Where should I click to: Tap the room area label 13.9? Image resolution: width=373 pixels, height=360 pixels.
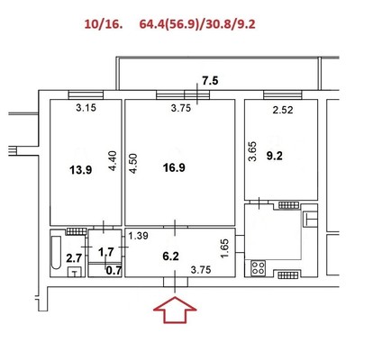click(81, 170)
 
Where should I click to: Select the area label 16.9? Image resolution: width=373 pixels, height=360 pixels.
click(174, 167)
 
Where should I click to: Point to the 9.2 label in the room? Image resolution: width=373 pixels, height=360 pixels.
click(275, 156)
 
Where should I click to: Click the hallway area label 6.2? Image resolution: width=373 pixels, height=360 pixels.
click(170, 256)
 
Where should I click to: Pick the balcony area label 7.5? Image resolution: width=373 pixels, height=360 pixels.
click(210, 81)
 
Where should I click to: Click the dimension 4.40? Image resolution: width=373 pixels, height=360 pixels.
click(113, 161)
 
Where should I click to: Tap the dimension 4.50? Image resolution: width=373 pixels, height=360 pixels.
click(133, 164)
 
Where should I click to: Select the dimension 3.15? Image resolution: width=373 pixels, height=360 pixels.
click(86, 107)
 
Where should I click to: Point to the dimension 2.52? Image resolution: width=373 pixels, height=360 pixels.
click(283, 110)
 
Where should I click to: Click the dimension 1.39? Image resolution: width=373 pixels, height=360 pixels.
click(138, 236)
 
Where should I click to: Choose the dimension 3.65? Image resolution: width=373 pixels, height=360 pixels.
click(253, 151)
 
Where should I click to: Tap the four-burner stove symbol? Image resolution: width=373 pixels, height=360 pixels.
click(259, 268)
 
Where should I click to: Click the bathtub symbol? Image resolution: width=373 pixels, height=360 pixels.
click(56, 253)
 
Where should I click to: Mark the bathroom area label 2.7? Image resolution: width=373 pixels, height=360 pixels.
click(74, 258)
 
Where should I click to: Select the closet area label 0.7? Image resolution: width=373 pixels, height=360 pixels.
click(114, 271)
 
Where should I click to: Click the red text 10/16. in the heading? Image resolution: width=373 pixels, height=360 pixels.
click(104, 24)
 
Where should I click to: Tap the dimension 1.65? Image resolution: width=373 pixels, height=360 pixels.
click(224, 248)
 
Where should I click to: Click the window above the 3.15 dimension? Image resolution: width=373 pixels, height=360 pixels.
click(86, 95)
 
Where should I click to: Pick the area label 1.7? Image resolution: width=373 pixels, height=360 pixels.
click(106, 252)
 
